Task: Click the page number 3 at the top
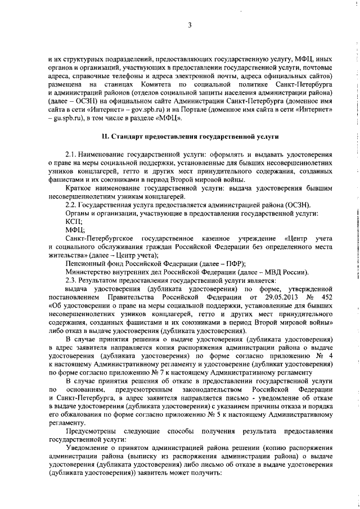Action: click(x=190, y=25)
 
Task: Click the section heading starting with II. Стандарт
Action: click(x=190, y=137)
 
